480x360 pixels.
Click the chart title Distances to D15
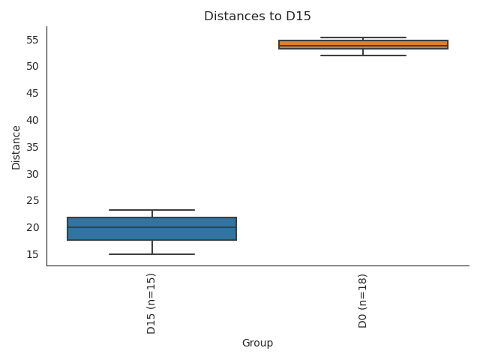point(257,16)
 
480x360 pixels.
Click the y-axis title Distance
point(16,146)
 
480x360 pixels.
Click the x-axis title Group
point(257,343)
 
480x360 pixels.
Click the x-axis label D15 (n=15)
point(152,304)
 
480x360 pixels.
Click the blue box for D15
point(152,229)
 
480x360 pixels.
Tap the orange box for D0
point(363,44)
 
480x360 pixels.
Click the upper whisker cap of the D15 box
point(152,210)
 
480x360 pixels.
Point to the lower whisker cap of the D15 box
point(152,254)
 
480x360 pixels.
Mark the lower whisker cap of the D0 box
point(363,55)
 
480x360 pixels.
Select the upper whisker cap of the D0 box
point(363,37)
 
